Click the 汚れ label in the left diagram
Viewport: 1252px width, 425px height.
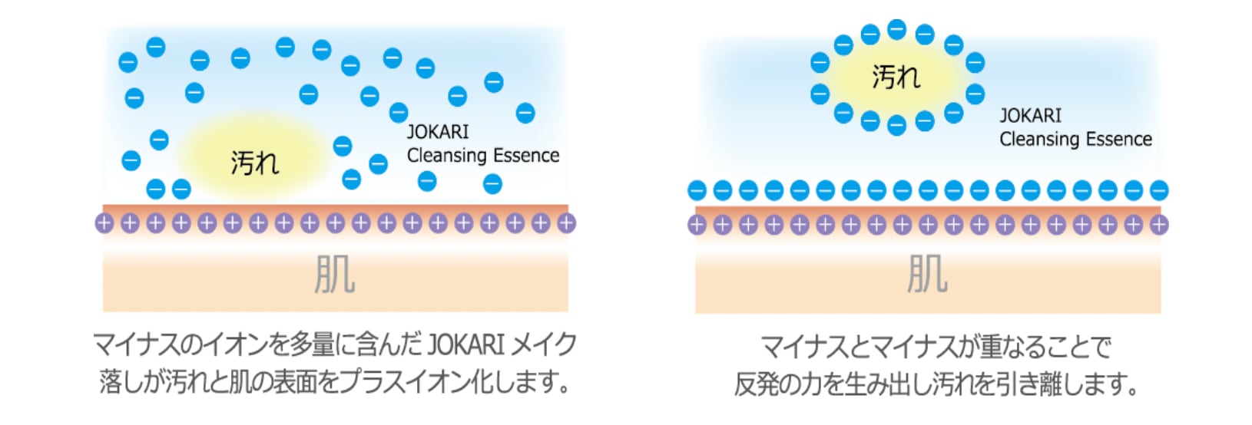254,162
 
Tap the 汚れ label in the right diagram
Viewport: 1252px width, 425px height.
895,77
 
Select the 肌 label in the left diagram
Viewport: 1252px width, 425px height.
335,275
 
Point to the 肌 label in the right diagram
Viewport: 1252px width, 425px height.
927,275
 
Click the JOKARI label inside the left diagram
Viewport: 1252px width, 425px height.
437,131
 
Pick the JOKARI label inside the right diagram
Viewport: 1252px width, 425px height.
1030,116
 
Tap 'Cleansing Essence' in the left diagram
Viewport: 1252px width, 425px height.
482,155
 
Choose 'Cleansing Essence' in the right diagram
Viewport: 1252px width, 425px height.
1075,139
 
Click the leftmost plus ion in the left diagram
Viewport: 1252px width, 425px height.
104,223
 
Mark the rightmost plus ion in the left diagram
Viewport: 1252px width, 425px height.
566,223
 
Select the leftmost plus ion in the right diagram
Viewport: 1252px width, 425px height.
697,225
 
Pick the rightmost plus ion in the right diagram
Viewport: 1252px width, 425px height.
1159,225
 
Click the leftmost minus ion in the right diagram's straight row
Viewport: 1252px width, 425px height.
697,190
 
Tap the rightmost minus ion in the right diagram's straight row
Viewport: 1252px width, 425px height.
1159,190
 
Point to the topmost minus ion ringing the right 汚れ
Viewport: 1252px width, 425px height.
896,29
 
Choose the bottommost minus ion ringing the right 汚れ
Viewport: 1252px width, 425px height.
896,126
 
